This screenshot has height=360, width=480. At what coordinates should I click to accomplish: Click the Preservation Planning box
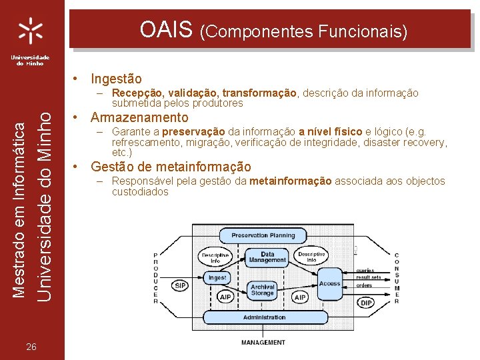263,235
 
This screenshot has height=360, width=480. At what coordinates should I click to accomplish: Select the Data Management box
267,258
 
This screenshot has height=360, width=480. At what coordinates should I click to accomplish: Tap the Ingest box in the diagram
217,277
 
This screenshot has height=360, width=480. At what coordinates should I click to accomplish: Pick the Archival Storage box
263,290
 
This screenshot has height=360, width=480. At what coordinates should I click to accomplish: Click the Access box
329,283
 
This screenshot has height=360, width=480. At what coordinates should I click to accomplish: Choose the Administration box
264,317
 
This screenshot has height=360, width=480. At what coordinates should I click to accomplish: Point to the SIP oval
180,285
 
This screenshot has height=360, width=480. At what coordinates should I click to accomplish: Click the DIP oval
366,303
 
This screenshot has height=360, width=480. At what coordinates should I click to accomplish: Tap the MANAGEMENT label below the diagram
263,342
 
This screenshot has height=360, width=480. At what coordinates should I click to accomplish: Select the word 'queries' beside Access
364,270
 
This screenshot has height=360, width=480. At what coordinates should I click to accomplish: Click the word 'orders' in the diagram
364,285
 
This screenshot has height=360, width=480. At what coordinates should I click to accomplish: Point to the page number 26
31,346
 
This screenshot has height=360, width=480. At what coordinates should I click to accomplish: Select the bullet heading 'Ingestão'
116,79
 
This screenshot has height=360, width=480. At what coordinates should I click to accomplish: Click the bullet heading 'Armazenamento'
139,118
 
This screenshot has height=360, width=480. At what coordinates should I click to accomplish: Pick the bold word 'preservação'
193,131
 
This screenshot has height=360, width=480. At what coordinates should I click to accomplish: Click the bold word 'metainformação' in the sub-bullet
290,181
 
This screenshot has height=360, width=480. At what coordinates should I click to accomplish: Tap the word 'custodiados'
140,192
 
